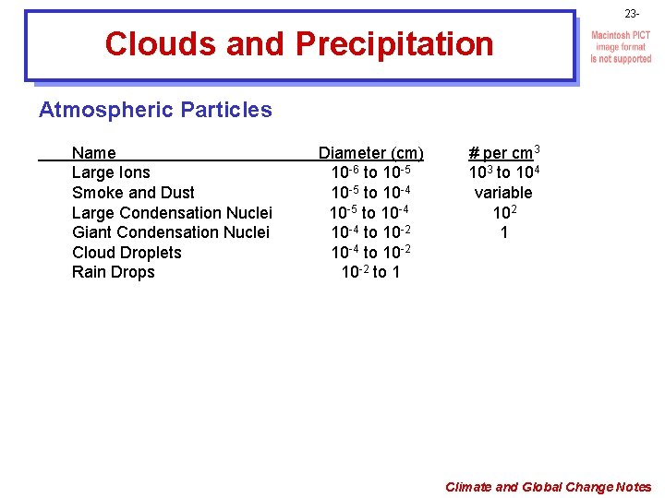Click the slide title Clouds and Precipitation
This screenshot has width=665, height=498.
pos(299,43)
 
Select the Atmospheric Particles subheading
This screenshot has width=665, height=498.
pos(155,110)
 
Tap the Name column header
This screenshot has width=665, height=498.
pos(93,152)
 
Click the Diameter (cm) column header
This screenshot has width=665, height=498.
pos(370,152)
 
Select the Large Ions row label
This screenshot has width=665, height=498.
pos(111,172)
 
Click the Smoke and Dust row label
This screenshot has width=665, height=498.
pos(133,193)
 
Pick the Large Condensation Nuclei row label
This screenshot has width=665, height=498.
pos(172,213)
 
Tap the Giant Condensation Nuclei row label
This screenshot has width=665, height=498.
pos(171,232)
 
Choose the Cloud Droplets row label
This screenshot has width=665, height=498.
pos(127,253)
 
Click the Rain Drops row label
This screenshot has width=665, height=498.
pos(113,272)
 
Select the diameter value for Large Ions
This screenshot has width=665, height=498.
pos(370,172)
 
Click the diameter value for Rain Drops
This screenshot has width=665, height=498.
pos(370,272)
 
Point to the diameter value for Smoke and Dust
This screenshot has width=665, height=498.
pos(370,193)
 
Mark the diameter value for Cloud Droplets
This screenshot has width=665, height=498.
pos(370,253)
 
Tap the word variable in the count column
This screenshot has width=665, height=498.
pos(503,193)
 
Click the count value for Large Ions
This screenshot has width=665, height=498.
pos(502,172)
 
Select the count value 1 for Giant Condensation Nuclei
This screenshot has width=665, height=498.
pos(503,232)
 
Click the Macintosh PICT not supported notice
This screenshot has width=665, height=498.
pos(621,47)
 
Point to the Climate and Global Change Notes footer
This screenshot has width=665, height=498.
pos(548,487)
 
